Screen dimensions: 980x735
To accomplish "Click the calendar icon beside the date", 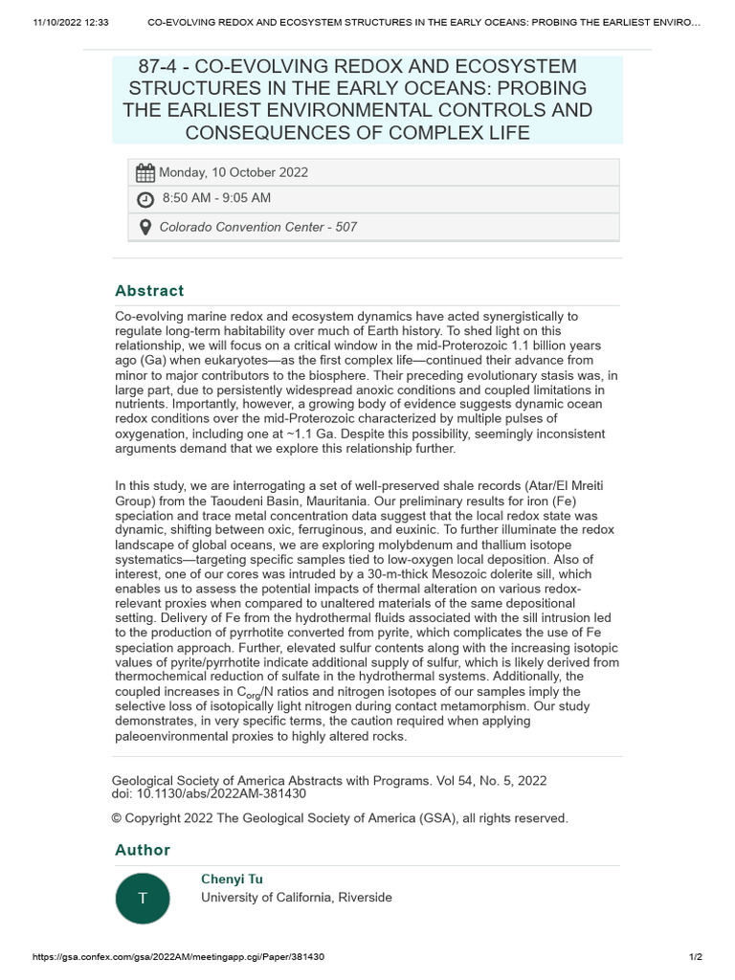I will pyautogui.click(x=145, y=173).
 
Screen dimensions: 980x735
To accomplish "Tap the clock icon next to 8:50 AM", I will pyautogui.click(x=145, y=199).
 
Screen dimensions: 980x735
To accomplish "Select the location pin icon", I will pyautogui.click(x=145, y=227).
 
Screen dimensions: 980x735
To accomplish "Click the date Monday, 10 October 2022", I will pyautogui.click(x=234, y=173).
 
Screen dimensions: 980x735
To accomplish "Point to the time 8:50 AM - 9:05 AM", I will pyautogui.click(x=216, y=198).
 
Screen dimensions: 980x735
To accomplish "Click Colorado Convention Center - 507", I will pyautogui.click(x=257, y=227).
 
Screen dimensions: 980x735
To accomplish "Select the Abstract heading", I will pyautogui.click(x=149, y=291).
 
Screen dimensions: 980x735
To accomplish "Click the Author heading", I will pyautogui.click(x=143, y=850).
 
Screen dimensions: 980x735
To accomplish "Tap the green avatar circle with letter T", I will pyautogui.click(x=144, y=898).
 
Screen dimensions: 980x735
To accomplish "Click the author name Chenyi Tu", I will pyautogui.click(x=232, y=879).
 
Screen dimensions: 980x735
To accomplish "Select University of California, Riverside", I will pyautogui.click(x=296, y=898).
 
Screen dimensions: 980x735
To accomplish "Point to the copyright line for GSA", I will pyautogui.click(x=340, y=818).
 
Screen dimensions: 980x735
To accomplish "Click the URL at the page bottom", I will pyautogui.click(x=178, y=957).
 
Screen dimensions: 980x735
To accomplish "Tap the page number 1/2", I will pyautogui.click(x=696, y=957).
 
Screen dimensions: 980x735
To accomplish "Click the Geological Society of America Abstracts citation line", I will pyautogui.click(x=329, y=781).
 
